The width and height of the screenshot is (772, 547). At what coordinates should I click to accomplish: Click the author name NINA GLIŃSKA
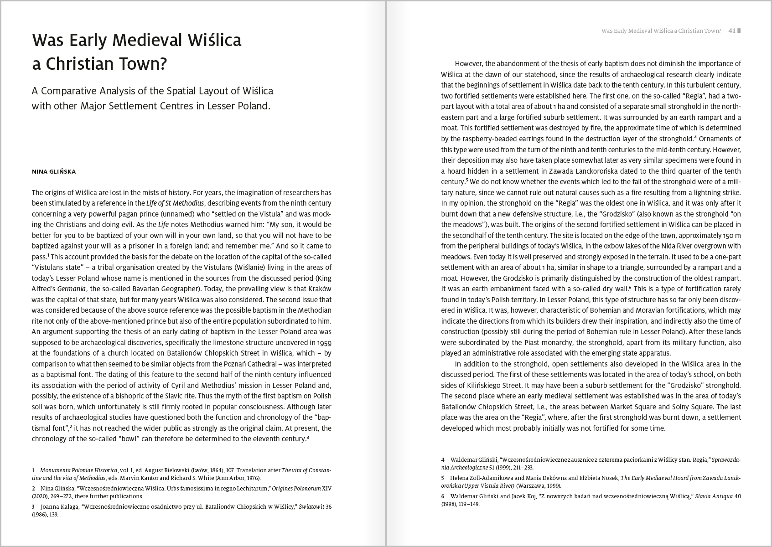[x=54, y=172]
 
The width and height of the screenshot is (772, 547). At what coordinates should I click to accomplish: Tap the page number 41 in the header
[x=732, y=31]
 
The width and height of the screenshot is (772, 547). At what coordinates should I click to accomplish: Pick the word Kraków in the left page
[x=319, y=289]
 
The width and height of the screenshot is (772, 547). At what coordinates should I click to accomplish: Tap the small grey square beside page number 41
[x=739, y=31]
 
